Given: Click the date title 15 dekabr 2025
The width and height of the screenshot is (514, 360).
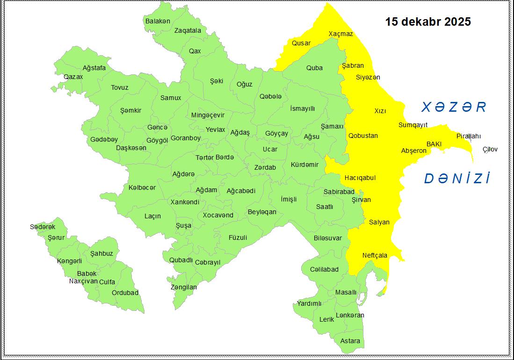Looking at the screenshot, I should (x=427, y=22).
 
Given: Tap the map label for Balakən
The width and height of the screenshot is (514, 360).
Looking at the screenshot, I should (x=158, y=21).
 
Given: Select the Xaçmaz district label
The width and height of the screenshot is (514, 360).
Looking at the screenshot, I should (x=340, y=34).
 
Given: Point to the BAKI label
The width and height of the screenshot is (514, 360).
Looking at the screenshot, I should (x=434, y=144).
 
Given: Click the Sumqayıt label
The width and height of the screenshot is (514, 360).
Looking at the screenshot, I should (x=413, y=125).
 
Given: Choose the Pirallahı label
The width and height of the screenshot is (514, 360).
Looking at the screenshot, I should (x=469, y=136).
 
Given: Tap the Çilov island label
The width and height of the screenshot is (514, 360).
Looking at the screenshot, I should (x=490, y=150).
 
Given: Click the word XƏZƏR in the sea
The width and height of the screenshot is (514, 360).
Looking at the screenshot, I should (x=454, y=108).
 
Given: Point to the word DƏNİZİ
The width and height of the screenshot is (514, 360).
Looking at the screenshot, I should (x=457, y=179).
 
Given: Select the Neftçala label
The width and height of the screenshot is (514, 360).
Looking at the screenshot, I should (x=375, y=255).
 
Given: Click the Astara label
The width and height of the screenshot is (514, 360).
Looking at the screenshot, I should (x=350, y=341).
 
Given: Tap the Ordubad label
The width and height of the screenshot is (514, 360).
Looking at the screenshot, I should (x=125, y=293).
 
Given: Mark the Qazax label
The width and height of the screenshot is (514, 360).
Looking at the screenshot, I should (x=73, y=77).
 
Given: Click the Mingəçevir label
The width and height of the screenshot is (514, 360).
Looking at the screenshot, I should (x=208, y=115).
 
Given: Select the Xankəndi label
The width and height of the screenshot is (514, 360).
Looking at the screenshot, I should (x=185, y=202).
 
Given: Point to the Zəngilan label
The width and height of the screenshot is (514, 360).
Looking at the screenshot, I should (x=183, y=287).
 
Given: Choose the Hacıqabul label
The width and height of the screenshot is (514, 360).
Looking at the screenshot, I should (x=360, y=178).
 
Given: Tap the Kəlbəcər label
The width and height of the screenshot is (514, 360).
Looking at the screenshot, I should (x=142, y=187).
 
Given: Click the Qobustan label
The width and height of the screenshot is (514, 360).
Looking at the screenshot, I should (x=363, y=136).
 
